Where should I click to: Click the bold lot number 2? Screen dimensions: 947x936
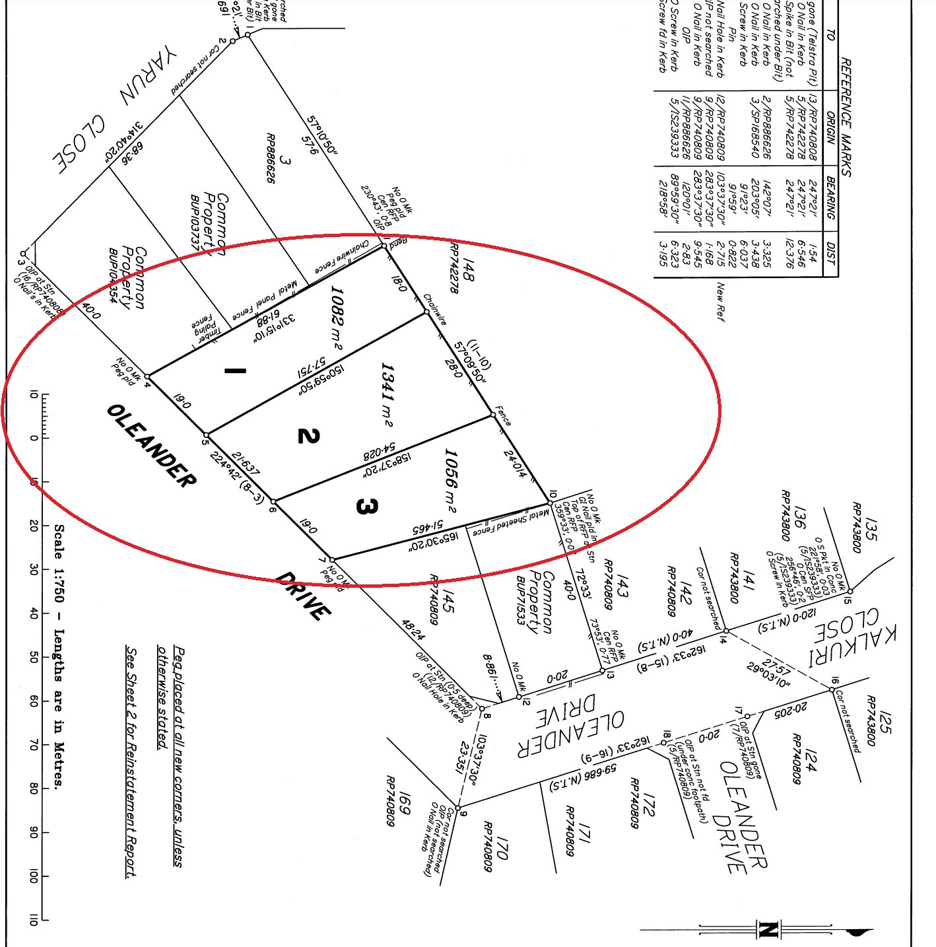coord(308,436)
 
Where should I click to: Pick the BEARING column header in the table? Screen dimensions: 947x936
coord(830,195)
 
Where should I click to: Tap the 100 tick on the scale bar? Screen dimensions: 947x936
coord(34,876)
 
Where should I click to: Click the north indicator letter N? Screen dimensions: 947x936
coord(766,930)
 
